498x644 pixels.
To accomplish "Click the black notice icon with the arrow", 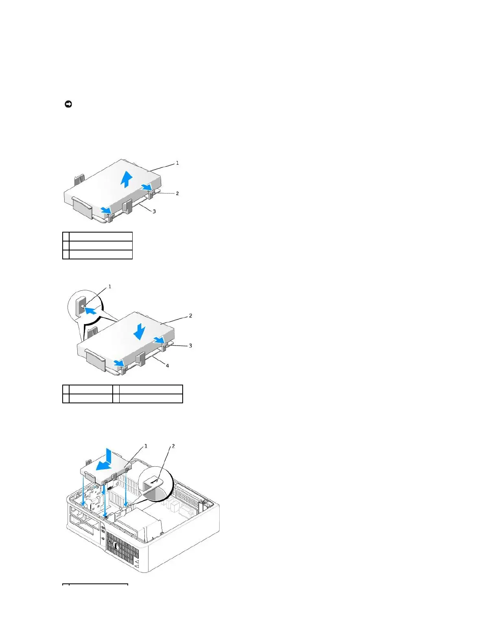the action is pos(68,104).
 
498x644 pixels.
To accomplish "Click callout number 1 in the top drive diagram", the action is pos(177,163).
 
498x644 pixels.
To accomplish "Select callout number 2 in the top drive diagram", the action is pos(177,194).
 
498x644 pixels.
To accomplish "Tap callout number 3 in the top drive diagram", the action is pos(154,211).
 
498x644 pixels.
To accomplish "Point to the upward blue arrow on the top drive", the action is pos(127,179).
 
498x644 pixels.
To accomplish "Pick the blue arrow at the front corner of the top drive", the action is pos(106,210).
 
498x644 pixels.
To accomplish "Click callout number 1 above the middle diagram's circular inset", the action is pos(109,287).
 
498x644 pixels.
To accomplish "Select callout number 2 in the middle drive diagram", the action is pos(190,316).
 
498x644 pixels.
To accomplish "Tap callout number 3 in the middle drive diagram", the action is pos(190,346).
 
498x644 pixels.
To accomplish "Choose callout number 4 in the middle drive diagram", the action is pos(167,366).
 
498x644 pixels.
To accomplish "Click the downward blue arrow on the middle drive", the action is pos(139,331).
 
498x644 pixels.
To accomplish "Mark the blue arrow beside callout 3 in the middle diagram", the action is pos(159,340).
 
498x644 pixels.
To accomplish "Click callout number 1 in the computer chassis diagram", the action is pos(146,446).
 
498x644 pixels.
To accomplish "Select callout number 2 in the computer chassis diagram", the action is pos(173,446).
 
